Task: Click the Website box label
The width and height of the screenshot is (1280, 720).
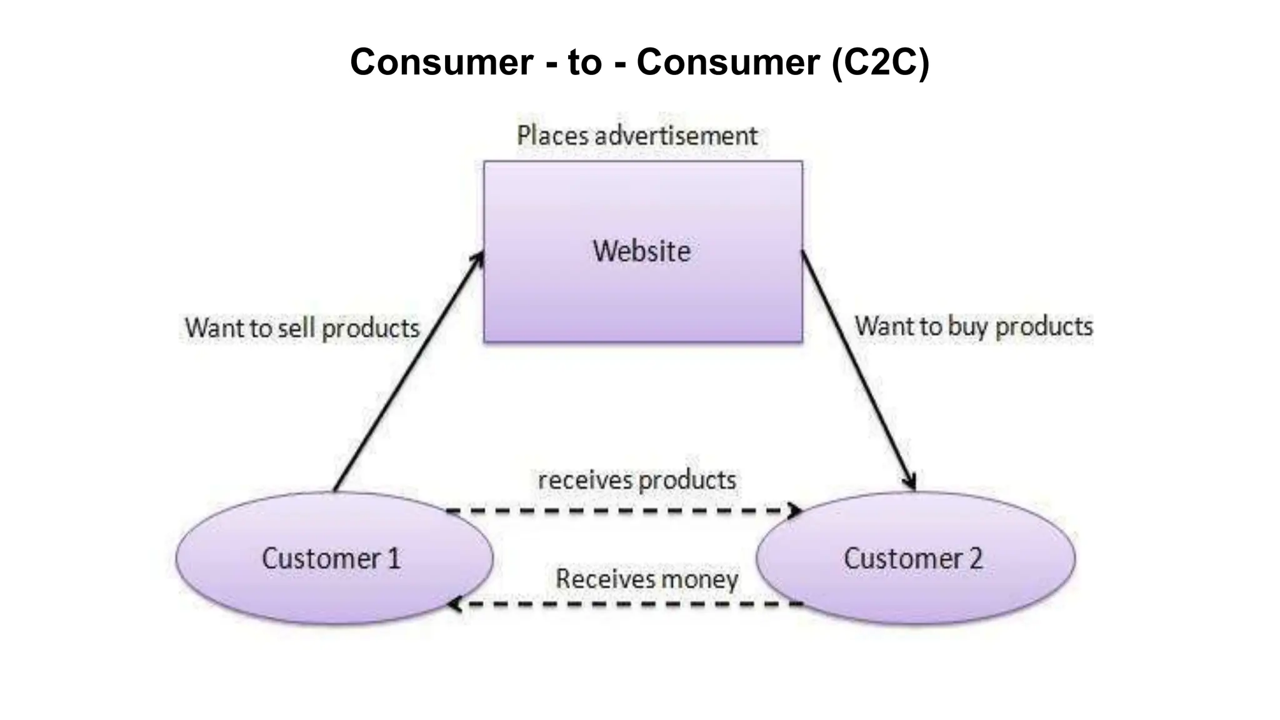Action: pyautogui.click(x=642, y=251)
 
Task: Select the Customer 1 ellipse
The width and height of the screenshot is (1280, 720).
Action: pyautogui.click(x=334, y=558)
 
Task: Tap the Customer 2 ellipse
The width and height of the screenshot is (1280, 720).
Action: pyautogui.click(x=915, y=558)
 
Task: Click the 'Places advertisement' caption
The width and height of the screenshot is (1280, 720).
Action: pyautogui.click(x=637, y=136)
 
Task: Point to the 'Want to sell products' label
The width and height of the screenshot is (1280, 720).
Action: pyautogui.click(x=302, y=328)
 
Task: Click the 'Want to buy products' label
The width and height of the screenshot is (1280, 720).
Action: pyautogui.click(x=974, y=326)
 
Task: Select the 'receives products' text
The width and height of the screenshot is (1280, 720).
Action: pyautogui.click(x=637, y=480)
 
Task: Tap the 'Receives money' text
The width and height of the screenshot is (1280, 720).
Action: pyautogui.click(x=647, y=579)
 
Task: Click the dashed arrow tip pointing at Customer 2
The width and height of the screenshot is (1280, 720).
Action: pyautogui.click(x=796, y=511)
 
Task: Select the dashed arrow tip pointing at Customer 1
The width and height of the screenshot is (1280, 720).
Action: pyautogui.click(x=456, y=604)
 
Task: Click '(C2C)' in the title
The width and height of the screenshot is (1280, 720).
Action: pyautogui.click(x=881, y=62)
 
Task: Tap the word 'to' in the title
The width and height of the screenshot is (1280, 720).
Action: pyautogui.click(x=584, y=62)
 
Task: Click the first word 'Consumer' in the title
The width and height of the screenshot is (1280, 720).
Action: pyautogui.click(x=442, y=62)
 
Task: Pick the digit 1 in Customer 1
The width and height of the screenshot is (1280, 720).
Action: pyautogui.click(x=394, y=558)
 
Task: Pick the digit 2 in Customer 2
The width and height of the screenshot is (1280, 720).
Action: pyautogui.click(x=976, y=558)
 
